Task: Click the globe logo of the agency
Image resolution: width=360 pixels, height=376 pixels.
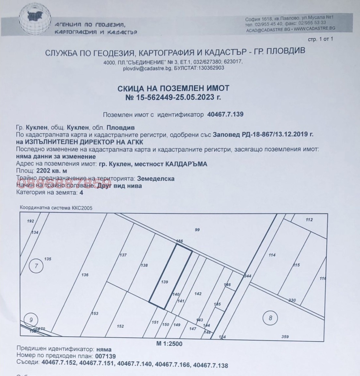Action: coord(35,18)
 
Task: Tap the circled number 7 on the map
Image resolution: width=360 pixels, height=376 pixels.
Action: coord(36,266)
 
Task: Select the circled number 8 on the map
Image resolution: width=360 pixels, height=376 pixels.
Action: coord(270,318)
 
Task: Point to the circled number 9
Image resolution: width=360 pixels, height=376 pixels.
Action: coord(31,320)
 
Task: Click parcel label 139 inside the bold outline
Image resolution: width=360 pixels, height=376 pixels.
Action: coord(165,282)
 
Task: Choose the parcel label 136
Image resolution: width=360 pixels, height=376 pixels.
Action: coord(85,275)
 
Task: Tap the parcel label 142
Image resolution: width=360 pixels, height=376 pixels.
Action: coord(198,294)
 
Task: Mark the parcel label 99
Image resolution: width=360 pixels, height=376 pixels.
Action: coord(197,230)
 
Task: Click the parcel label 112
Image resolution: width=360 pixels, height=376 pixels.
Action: coord(309,220)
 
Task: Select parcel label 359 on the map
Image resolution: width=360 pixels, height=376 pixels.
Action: coord(285,337)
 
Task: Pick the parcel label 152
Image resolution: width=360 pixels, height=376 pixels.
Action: coord(120,326)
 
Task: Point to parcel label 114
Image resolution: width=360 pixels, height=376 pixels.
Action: coord(272,255)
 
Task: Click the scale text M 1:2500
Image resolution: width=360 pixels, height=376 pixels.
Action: coord(169,344)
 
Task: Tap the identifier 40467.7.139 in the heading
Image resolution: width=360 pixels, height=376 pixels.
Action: coord(225,115)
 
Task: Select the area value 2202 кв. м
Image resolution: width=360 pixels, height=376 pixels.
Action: coord(51,171)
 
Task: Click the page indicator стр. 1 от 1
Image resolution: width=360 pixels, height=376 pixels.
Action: coord(320,39)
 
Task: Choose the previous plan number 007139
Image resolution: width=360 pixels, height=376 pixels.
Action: coord(105,356)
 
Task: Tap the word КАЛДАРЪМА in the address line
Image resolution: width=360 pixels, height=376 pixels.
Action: coord(186,164)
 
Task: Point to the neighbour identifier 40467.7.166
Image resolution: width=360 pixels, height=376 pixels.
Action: coord(173,364)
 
